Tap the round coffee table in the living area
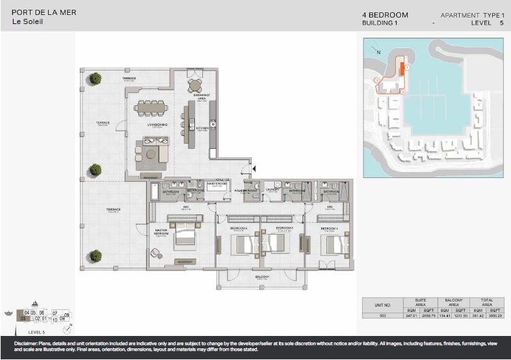(151, 153)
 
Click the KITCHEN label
(202, 128)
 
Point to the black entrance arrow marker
(254, 169)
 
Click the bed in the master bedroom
(183, 236)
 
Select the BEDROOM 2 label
(238, 229)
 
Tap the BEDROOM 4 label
(330, 229)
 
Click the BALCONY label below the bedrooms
(262, 277)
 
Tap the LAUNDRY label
(272, 191)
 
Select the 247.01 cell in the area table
(411, 316)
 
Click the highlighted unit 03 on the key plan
(23, 318)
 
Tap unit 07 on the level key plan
(55, 313)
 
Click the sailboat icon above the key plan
(34, 304)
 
